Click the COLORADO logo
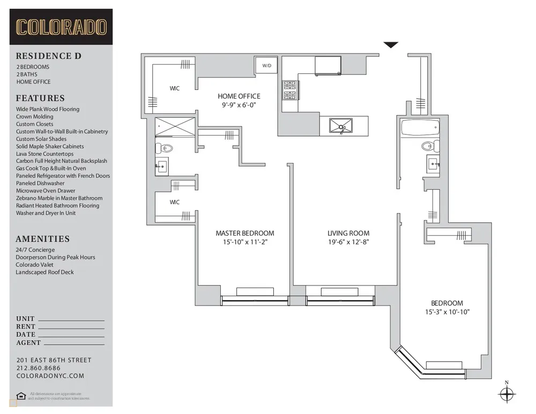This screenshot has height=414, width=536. (61, 27)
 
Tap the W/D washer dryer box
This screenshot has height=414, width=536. (266, 65)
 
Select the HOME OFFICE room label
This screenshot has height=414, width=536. (239, 96)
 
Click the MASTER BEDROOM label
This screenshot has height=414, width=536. (244, 233)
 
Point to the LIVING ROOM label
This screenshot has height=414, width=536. (348, 233)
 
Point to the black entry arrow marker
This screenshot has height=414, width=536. (391, 45)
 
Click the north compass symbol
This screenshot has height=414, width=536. (506, 395)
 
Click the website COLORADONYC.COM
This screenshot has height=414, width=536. (50, 376)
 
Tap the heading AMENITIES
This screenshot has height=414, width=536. (43, 239)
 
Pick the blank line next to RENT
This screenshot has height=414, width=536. (71, 327)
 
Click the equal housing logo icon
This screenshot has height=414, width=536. (21, 396)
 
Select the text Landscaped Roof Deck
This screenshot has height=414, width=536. (45, 272)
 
